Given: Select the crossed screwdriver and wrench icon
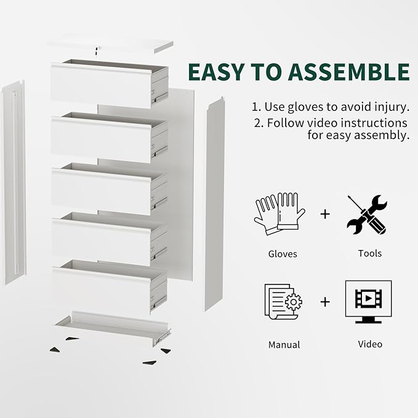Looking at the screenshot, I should tap(367, 214).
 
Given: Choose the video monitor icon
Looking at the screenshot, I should tap(368, 301).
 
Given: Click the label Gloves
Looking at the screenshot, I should tap(283, 254).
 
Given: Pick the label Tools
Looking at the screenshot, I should tap(369, 253).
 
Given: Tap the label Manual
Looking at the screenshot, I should tap(283, 345).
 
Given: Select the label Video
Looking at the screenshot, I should tap(370, 344).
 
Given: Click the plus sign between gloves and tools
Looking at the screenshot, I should tap(325, 214).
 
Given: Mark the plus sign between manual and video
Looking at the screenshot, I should tap(325, 302).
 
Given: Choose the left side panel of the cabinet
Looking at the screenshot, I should tap(14, 182).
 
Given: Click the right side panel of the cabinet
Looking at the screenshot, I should tap(214, 203).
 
